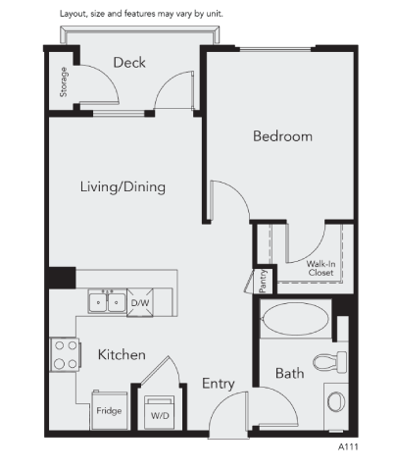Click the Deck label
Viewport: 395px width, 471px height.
coord(129,63)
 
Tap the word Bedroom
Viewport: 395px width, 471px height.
coord(282,136)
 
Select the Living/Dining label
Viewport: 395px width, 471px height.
coord(123,186)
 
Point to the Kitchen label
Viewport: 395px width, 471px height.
coord(123,354)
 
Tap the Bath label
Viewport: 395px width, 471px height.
coord(289,374)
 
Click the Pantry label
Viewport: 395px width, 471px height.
coord(263,281)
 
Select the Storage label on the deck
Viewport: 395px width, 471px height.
coord(64,83)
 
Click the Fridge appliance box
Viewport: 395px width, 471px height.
coord(108,410)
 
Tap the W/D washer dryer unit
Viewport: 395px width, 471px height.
coord(158,412)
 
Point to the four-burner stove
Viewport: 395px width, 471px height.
coord(65,354)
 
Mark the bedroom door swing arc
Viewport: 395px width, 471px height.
coord(227,201)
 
